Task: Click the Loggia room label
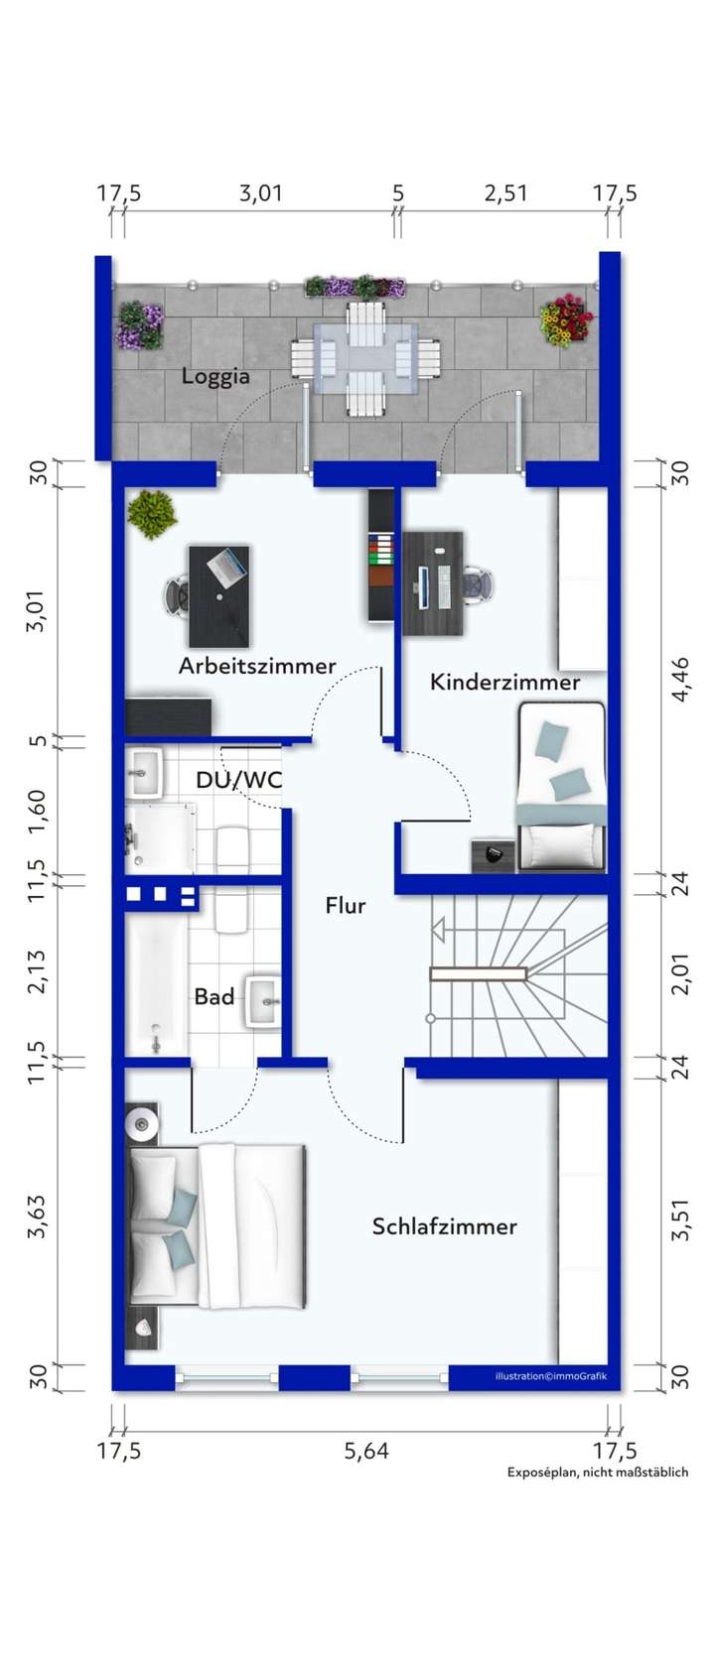click(x=214, y=377)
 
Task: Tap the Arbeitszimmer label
click(x=257, y=666)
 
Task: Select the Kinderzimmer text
click(x=504, y=683)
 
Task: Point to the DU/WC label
click(x=238, y=780)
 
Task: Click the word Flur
click(x=346, y=906)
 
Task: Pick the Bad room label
click(x=214, y=996)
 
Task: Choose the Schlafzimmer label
click(x=444, y=1226)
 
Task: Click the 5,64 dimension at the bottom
click(x=366, y=1452)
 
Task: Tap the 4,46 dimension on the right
click(x=681, y=680)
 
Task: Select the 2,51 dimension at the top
click(x=505, y=192)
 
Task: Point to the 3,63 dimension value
click(x=38, y=1216)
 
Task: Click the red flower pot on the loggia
click(x=567, y=320)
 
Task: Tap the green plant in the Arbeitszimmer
click(x=152, y=514)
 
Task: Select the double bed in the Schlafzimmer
click(x=216, y=1224)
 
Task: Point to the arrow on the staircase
click(x=438, y=931)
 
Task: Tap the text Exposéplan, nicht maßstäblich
click(x=597, y=1472)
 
